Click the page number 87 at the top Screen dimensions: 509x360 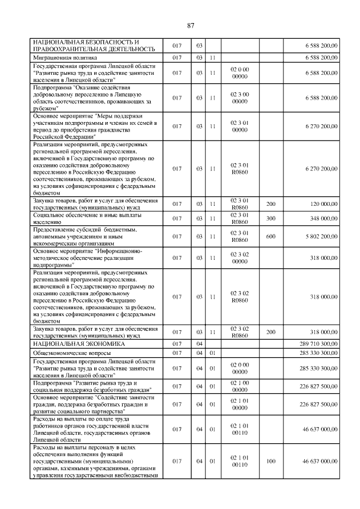click(x=190, y=25)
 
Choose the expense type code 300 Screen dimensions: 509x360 click(x=271, y=218)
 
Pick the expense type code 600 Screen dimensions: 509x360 click(x=271, y=236)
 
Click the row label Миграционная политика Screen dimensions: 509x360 click(x=65, y=57)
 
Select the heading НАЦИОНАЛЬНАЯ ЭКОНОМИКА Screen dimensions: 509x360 click(x=78, y=343)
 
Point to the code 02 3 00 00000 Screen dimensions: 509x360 click(x=240, y=98)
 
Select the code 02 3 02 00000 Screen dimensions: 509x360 click(x=240, y=258)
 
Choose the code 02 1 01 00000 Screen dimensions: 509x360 click(x=240, y=404)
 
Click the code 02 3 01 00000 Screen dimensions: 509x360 click(x=240, y=126)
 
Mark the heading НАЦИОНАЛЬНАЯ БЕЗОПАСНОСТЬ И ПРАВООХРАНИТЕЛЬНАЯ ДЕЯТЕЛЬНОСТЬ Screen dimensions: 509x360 click(x=86, y=45)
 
